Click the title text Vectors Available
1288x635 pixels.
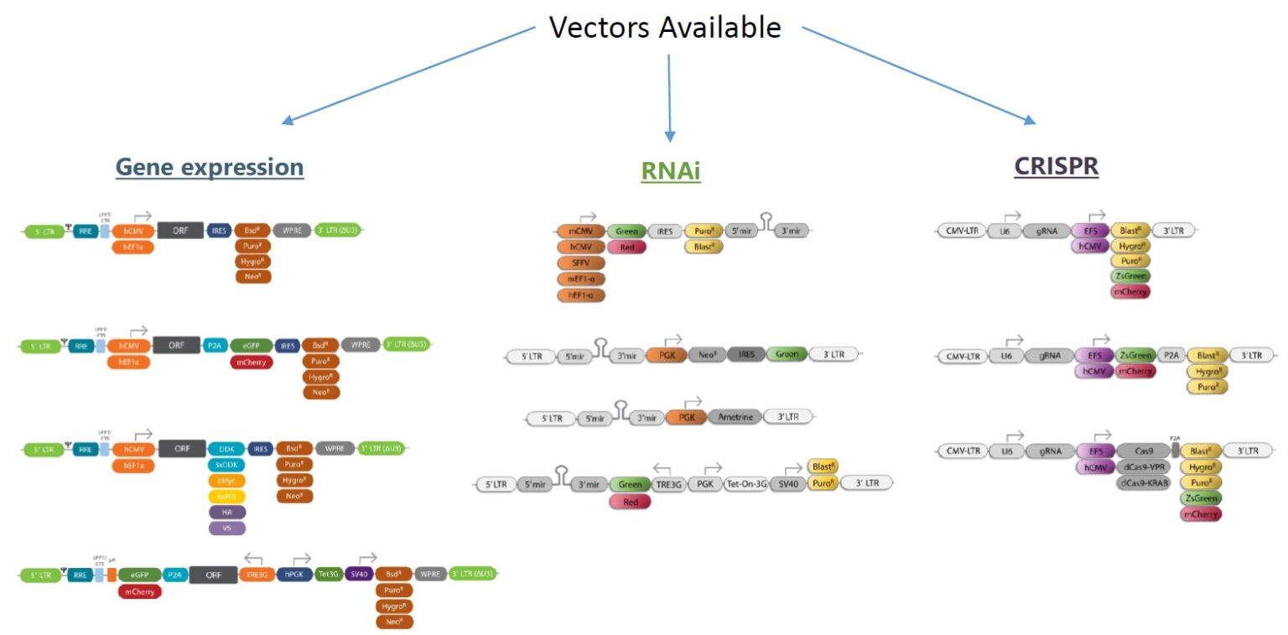tap(664, 28)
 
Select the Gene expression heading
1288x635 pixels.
tap(209, 167)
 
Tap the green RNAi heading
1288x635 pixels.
tap(670, 171)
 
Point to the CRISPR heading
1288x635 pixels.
tap(1056, 166)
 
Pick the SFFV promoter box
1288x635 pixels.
tap(580, 263)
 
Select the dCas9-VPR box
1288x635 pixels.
tap(1147, 467)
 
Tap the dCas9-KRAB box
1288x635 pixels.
tap(1147, 483)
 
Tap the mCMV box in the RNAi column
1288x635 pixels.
tap(580, 231)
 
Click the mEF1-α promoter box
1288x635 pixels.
tap(580, 278)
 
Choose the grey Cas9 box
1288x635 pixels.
tap(1145, 451)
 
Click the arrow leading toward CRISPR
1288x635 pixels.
tap(919, 75)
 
